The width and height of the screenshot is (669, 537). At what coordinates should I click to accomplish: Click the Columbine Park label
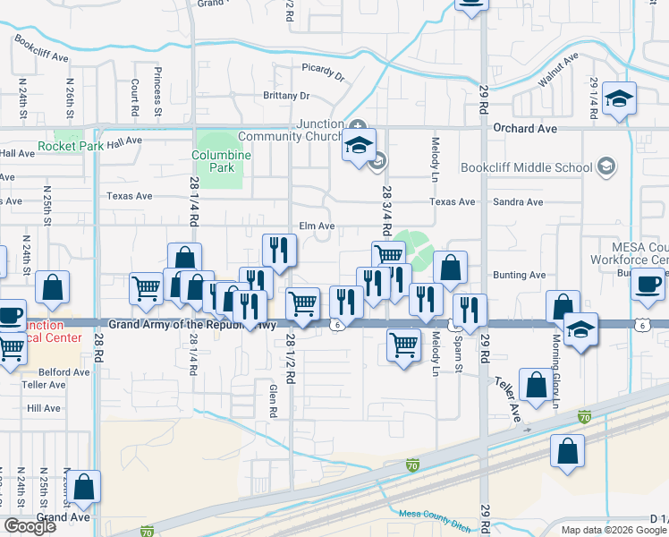click(222, 161)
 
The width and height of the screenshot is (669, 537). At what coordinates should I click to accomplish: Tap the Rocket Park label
click(66, 146)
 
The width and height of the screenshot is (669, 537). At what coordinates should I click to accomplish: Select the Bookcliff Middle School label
click(526, 167)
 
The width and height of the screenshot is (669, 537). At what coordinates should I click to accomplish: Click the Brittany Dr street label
click(285, 96)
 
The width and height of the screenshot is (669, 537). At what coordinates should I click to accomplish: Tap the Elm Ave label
click(317, 226)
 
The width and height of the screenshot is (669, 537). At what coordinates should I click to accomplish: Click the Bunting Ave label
click(519, 276)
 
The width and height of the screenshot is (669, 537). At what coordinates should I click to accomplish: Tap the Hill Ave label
click(43, 407)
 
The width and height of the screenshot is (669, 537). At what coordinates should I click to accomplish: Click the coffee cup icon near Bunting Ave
click(648, 285)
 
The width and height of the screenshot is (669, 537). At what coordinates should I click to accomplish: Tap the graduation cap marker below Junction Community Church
click(360, 146)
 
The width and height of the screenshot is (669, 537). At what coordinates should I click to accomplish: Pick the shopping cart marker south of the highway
click(404, 345)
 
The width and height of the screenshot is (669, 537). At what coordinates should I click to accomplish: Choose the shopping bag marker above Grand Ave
click(84, 489)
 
